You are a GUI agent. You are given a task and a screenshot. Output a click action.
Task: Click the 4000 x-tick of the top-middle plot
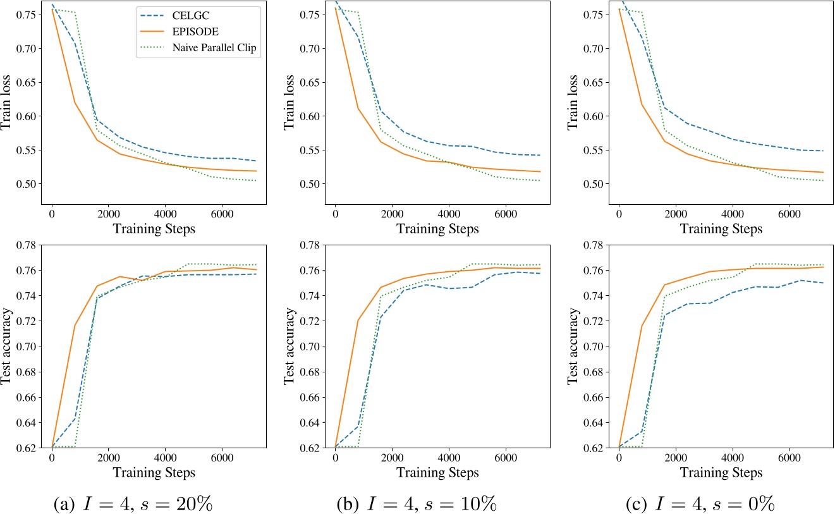[x=448, y=214]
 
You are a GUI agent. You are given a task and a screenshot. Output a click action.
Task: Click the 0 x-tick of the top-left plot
[x=51, y=214]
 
